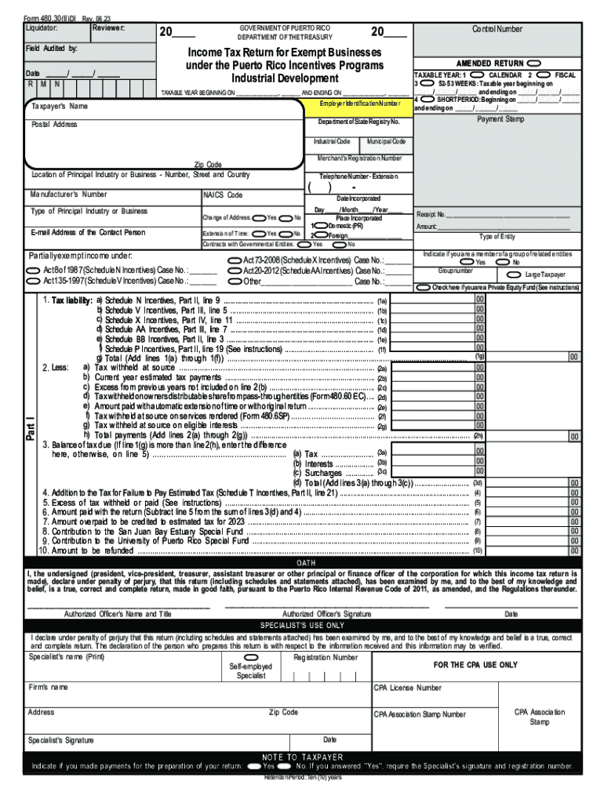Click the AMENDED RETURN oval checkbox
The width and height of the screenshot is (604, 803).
[534, 62]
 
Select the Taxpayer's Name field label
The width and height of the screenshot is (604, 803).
[60, 107]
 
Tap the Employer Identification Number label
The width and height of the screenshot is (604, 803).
[355, 105]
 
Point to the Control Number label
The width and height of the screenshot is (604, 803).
[497, 29]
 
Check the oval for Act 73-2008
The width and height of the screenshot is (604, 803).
[235, 260]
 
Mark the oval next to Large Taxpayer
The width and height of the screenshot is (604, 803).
[515, 274]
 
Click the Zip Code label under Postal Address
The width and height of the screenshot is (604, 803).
[208, 165]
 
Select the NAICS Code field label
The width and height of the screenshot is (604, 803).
[224, 195]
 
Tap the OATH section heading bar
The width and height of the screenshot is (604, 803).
[306, 563]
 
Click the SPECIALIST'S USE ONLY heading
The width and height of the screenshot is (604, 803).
[302, 626]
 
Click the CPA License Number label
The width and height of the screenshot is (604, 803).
[407, 688]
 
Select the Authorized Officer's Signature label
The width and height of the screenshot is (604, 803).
[327, 614]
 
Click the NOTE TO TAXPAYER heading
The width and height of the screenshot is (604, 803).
[302, 757]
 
